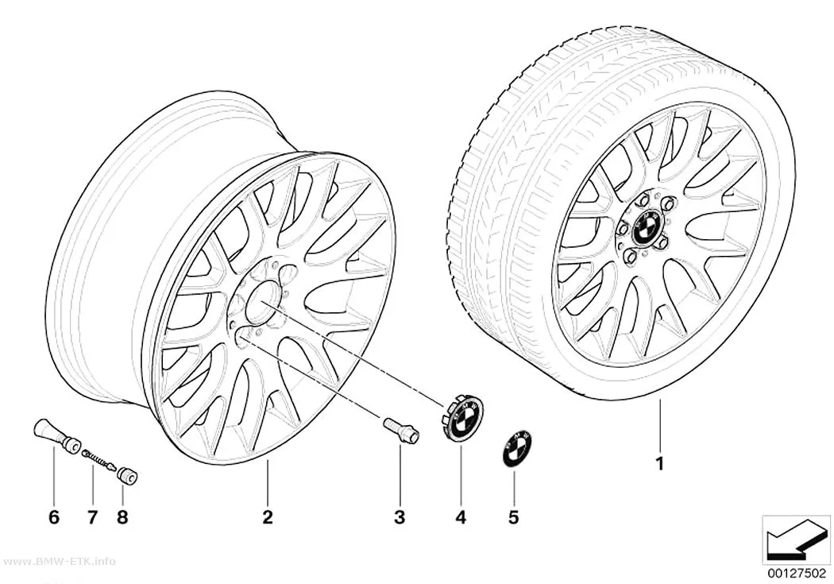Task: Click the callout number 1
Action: [659, 464]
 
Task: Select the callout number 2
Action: [268, 517]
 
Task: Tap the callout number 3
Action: [400, 517]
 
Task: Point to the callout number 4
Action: [461, 517]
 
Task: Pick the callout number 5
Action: [513, 517]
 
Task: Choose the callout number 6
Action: [54, 517]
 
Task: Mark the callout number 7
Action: [93, 517]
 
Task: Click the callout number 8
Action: [122, 517]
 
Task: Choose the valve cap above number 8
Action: [128, 476]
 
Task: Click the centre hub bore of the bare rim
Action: [264, 301]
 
